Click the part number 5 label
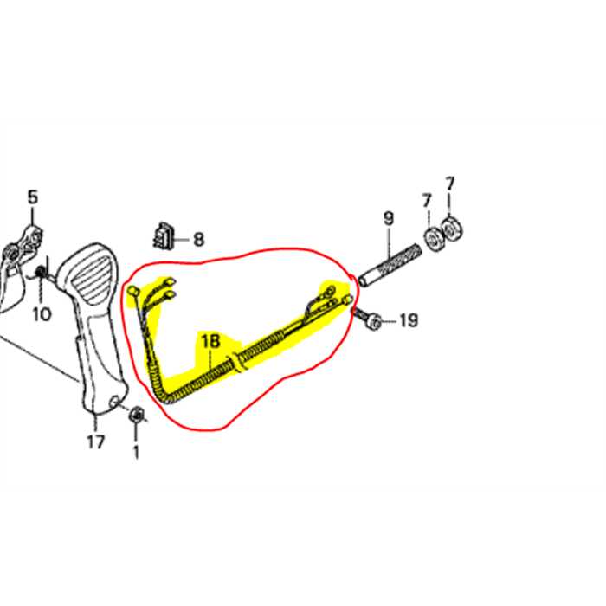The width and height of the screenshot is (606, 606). coord(33,197)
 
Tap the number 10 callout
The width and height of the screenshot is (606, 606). coord(42,314)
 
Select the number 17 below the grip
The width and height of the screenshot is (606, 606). coord(95,442)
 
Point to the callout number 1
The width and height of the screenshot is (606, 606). coord(136,452)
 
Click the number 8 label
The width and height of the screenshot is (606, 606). coord(198,239)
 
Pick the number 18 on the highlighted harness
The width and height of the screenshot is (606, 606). coord(211,341)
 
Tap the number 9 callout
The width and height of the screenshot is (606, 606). coord(389,219)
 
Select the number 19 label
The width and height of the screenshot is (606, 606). coord(409,320)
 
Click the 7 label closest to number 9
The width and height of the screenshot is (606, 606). coord(427,201)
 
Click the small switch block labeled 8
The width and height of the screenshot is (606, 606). coord(164,235)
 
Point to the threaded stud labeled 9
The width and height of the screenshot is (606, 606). coord(390,265)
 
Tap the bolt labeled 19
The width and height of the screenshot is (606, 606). coord(367,318)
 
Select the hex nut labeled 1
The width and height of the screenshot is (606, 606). coord(136,415)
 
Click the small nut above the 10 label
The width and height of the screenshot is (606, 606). coord(40,272)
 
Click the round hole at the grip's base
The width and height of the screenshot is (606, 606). coord(115,402)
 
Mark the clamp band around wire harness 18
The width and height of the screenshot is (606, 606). coord(237,363)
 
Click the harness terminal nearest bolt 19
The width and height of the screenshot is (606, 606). coord(347,299)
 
